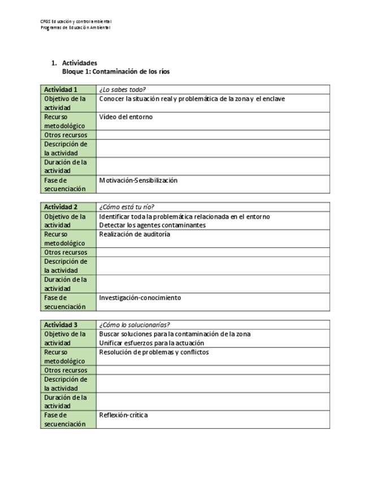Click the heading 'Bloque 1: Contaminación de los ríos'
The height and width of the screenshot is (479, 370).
pyautogui.click(x=116, y=72)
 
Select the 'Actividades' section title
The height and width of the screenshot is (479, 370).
pyautogui.click(x=80, y=63)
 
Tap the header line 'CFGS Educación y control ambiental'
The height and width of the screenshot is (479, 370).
pyautogui.click(x=76, y=21)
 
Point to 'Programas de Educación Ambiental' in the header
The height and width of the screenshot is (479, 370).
pyautogui.click(x=75, y=27)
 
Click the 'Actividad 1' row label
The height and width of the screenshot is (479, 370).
pyautogui.click(x=61, y=89)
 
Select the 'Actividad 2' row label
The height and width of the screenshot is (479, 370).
pyautogui.click(x=61, y=207)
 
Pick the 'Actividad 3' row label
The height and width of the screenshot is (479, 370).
pyautogui.click(x=61, y=325)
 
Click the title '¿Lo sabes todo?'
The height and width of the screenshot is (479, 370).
pyautogui.click(x=123, y=89)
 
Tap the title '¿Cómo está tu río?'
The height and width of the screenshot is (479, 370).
pyautogui.click(x=127, y=207)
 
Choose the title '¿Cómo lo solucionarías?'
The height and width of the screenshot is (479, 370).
pyautogui.click(x=134, y=325)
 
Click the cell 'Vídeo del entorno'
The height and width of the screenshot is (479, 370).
pyautogui.click(x=125, y=117)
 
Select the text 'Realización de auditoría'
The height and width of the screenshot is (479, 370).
pyautogui.click(x=134, y=234)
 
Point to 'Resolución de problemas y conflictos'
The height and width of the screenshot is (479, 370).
pyautogui.click(x=154, y=352)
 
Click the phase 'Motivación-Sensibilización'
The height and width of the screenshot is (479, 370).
pyautogui.click(x=138, y=180)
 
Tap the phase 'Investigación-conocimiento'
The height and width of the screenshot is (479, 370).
pyautogui.click(x=140, y=298)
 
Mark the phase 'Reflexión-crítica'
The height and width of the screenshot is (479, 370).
pyautogui.click(x=123, y=415)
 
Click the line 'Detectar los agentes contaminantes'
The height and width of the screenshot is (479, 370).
pyautogui.click(x=152, y=225)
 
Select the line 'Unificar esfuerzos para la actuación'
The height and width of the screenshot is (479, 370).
pyautogui.click(x=151, y=343)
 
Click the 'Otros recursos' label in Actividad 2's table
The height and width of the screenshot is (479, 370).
pyautogui.click(x=66, y=252)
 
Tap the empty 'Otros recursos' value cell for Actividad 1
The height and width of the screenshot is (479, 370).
pyautogui.click(x=213, y=135)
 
